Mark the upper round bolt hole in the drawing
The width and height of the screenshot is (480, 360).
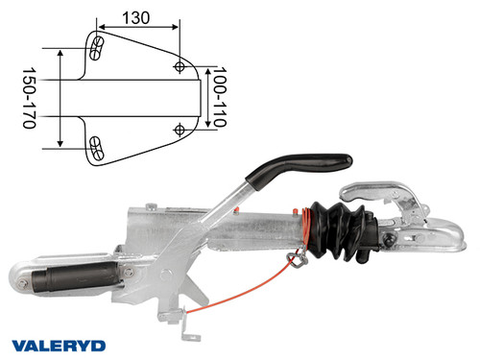point(180,66)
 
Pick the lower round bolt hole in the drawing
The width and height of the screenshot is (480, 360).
point(180,128)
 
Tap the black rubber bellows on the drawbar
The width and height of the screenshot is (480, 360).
point(338,230)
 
